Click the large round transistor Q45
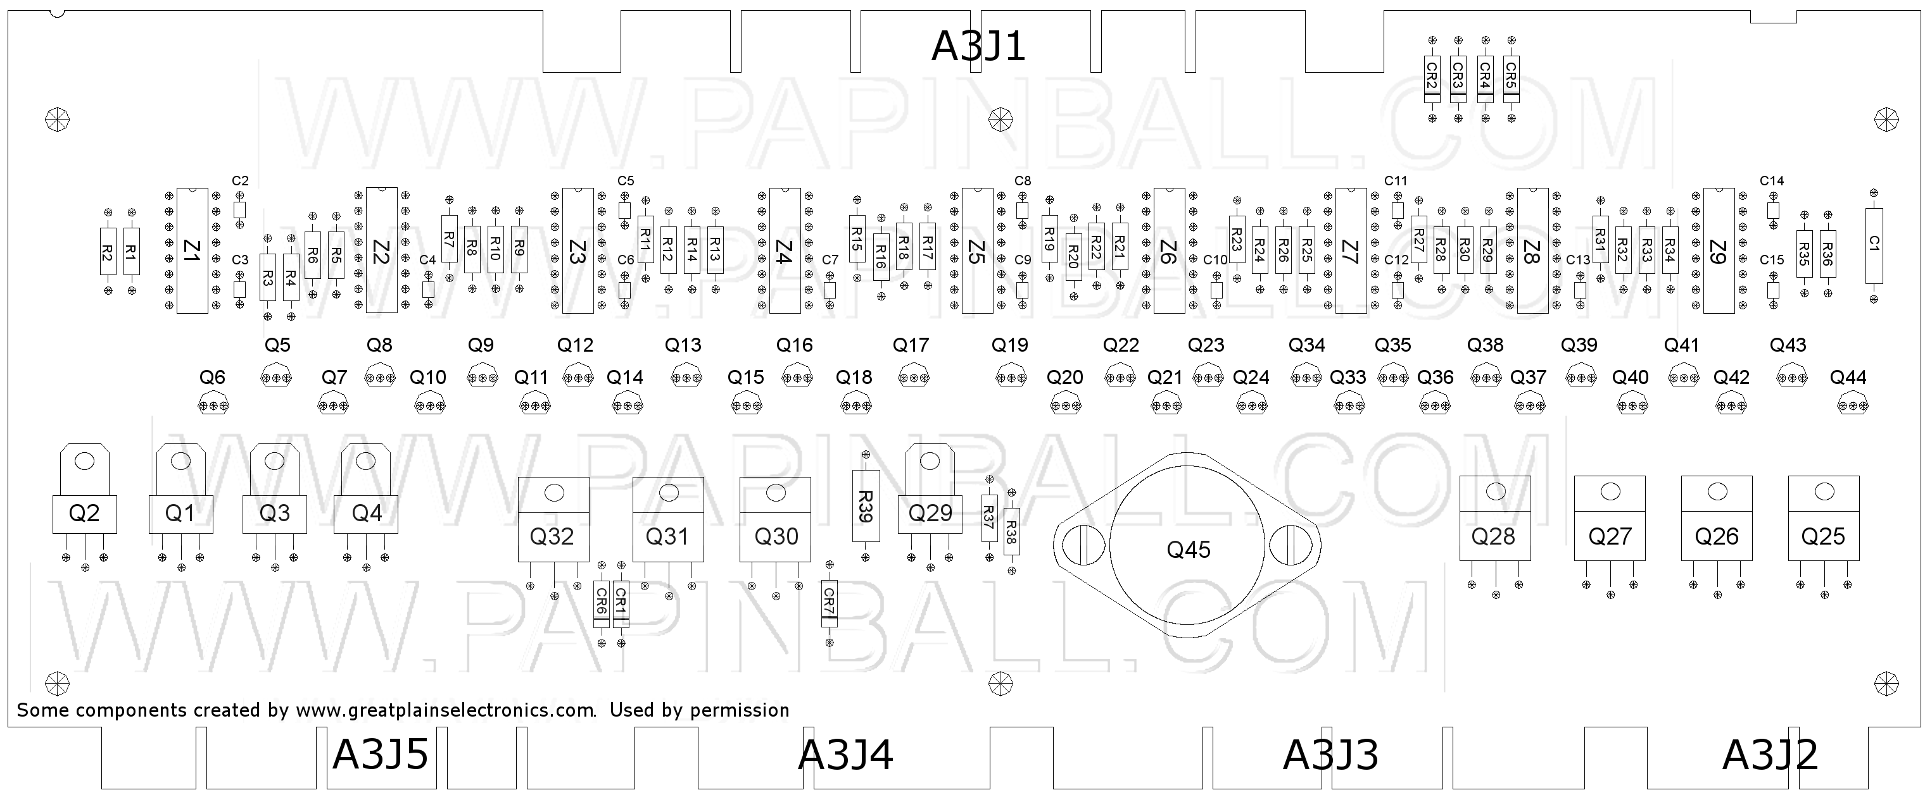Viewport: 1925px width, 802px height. click(1187, 546)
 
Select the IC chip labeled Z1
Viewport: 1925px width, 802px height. click(191, 250)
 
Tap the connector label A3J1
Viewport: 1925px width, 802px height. click(978, 46)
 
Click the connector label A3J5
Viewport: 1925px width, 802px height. click(381, 755)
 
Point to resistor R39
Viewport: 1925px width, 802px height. click(866, 505)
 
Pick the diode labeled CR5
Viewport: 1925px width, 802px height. click(1510, 76)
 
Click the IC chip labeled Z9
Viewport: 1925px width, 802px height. click(1718, 250)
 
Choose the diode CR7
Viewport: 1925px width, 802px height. click(829, 602)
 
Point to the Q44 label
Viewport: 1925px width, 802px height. click(1847, 378)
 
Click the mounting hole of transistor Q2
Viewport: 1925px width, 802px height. click(84, 460)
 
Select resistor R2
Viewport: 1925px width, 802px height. click(108, 252)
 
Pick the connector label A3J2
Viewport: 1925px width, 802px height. click(1770, 755)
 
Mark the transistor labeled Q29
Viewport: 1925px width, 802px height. click(930, 512)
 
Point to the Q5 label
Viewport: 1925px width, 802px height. click(277, 345)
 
